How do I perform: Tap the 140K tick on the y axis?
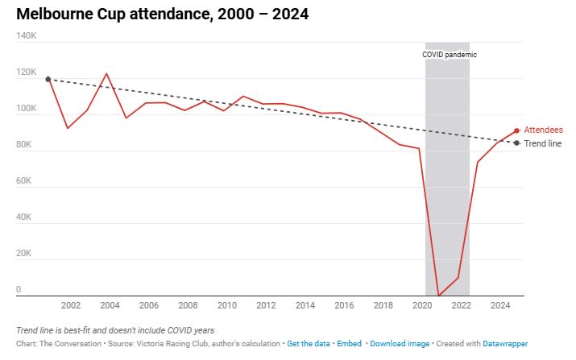point(27,36)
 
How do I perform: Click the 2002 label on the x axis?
point(70,305)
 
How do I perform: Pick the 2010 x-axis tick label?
point(226,305)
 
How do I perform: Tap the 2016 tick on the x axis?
point(344,305)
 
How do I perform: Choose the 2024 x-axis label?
point(500,305)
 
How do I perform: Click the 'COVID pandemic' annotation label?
point(450,55)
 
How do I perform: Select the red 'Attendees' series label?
point(543,130)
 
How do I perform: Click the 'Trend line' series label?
point(543,143)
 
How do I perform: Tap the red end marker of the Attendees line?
point(516,130)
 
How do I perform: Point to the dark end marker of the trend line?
point(516,143)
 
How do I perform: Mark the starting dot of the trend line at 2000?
point(48,79)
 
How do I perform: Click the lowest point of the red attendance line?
point(438,296)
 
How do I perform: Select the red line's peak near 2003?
point(106,74)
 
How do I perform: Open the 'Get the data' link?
point(309,344)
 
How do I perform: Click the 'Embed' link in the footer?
point(349,344)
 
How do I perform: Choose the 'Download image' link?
point(400,344)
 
